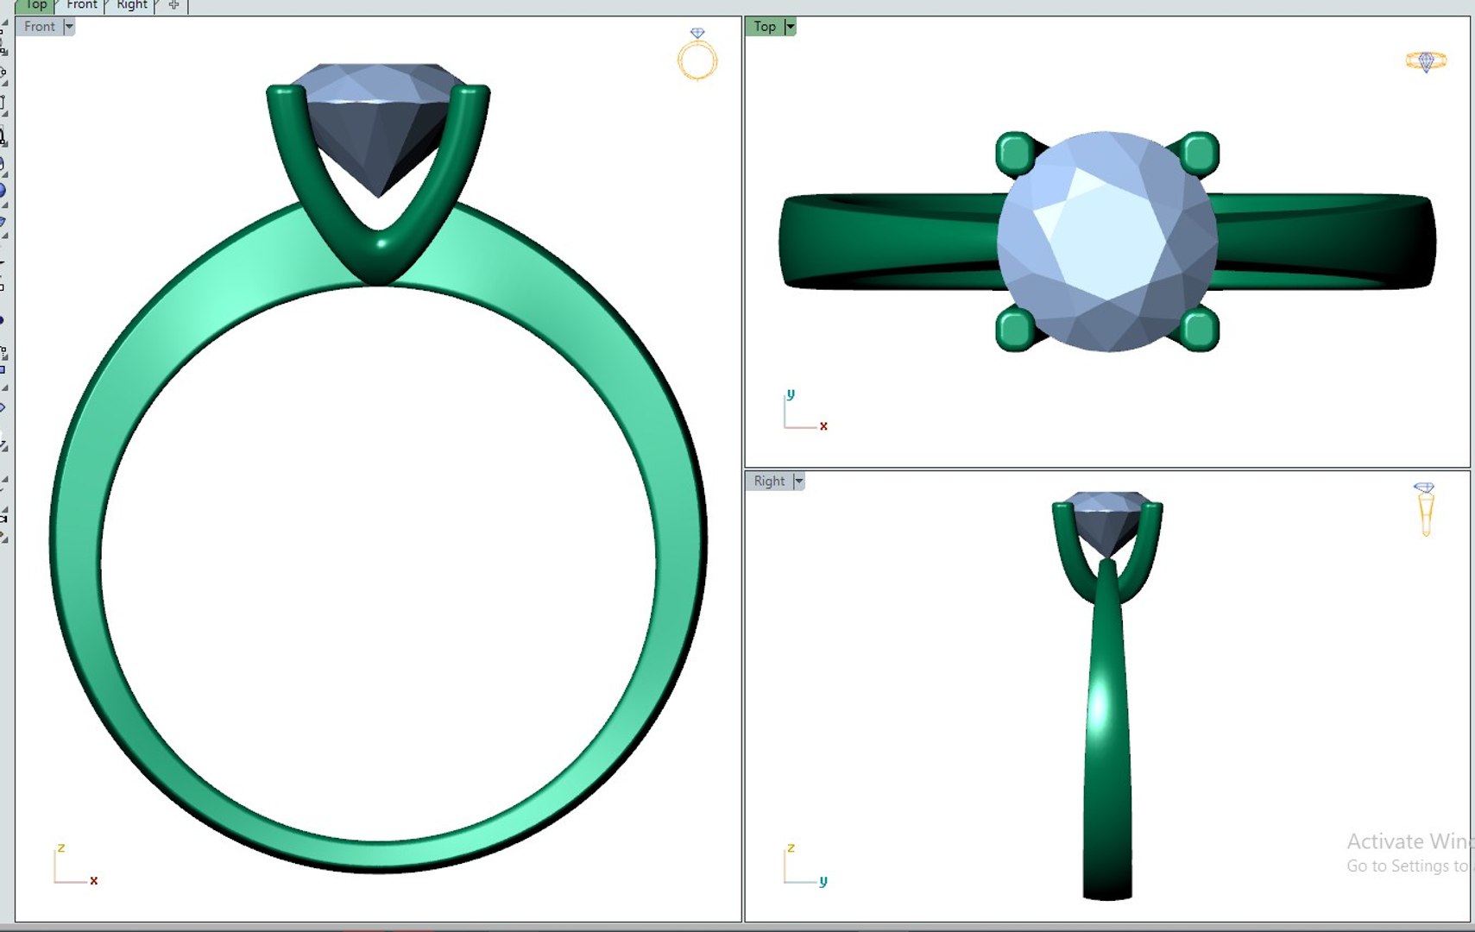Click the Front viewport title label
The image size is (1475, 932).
(39, 27)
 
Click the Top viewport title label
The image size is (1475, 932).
(764, 27)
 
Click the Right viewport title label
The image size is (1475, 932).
(768, 482)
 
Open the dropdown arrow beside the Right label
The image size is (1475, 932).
(798, 482)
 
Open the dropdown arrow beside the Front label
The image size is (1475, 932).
(69, 27)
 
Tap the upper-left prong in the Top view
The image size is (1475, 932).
(1016, 154)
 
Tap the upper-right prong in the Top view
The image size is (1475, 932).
(1199, 154)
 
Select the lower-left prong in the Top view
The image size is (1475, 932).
(1016, 330)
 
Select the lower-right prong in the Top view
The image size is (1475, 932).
(1199, 330)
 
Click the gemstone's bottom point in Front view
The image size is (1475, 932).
(378, 193)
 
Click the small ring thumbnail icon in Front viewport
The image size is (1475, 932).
(697, 55)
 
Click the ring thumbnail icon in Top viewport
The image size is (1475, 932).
(1425, 61)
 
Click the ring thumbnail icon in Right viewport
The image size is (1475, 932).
(1425, 509)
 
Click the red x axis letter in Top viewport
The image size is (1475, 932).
(823, 426)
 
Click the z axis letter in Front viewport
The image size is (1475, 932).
(61, 848)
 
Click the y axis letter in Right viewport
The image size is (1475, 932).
(823, 881)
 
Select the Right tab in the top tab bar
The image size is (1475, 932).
(131, 5)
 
